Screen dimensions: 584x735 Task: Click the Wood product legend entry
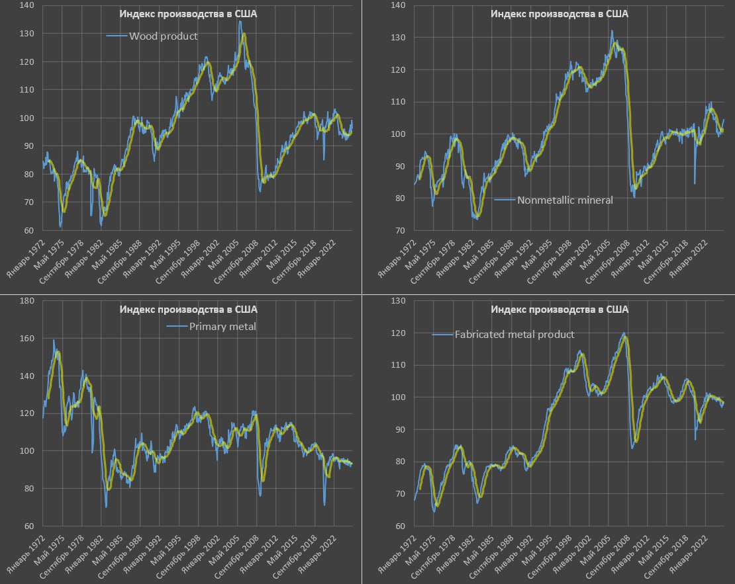pyautogui.click(x=162, y=36)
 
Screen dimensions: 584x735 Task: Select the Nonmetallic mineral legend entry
pyautogui.click(x=565, y=200)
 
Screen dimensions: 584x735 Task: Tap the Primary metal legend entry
pyautogui.click(x=222, y=326)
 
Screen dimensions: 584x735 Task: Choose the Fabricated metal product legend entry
pyautogui.click(x=514, y=335)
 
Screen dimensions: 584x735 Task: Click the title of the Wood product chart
pyautogui.click(x=188, y=14)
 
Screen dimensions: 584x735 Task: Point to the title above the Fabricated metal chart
pyautogui.click(x=559, y=309)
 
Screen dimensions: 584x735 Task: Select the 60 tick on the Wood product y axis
pyautogui.click(x=29, y=231)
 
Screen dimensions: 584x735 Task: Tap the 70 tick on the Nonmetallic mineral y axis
pyautogui.click(x=400, y=231)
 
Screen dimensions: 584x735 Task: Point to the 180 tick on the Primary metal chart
pyautogui.click(x=27, y=301)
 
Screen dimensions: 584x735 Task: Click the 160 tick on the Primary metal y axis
pyautogui.click(x=27, y=339)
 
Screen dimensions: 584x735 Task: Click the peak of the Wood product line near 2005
pyautogui.click(x=240, y=22)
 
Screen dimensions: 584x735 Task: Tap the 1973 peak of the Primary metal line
pyautogui.click(x=54, y=341)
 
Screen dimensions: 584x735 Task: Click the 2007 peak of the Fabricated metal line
pyautogui.click(x=623, y=333)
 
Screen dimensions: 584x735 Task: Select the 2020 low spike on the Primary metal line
pyautogui.click(x=324, y=505)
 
